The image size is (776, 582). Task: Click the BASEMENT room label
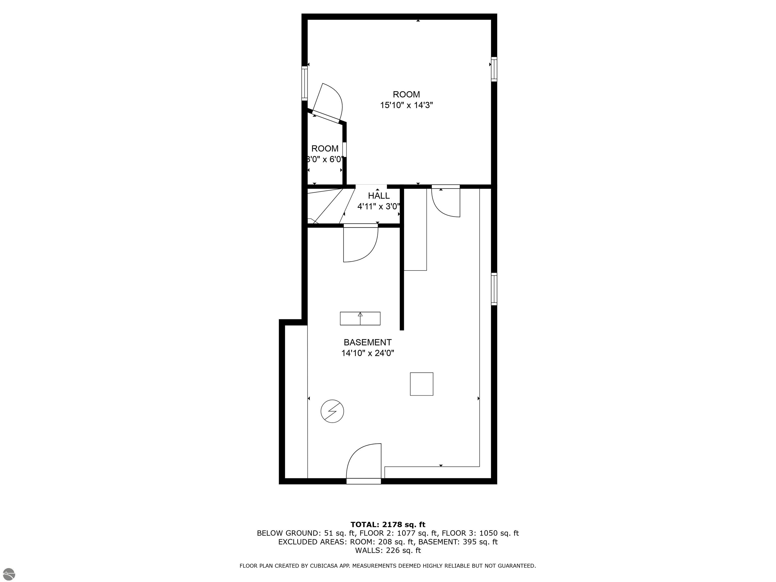367,342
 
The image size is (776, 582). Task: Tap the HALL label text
379,196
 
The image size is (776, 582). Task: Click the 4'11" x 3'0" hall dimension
379,207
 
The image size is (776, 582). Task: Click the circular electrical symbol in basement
332,411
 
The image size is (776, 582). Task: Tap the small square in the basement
421,384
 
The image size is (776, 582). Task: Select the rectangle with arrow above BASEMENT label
360,319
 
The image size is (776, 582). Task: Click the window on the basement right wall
494,289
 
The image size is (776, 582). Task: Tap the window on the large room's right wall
494,69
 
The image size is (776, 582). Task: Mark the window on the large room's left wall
304,84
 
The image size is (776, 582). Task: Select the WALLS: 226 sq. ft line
388,550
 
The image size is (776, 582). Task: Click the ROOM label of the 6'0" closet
325,148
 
